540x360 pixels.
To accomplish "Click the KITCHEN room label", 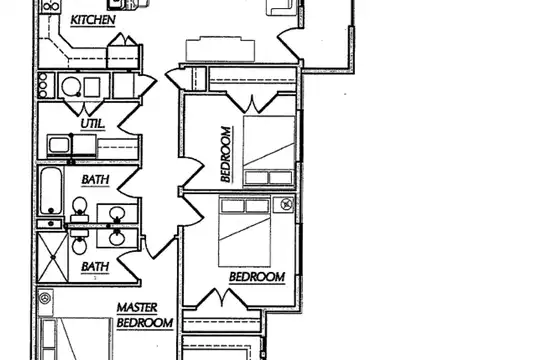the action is (93, 20).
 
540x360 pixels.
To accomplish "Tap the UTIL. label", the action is (93, 124).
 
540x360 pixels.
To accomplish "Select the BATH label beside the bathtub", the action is (95, 179).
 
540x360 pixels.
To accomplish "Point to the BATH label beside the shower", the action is (95, 267).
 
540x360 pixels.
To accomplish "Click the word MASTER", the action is (137, 307).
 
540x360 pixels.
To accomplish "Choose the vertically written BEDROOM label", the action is (226, 154).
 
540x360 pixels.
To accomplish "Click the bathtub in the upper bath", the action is (51, 191).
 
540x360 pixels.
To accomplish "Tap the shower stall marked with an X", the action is (53, 257).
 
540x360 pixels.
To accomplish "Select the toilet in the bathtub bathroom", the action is (80, 209).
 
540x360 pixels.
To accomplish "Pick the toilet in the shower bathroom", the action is (80, 242).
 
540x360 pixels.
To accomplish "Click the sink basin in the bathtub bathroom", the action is (117, 214).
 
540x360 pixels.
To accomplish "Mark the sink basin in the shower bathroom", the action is (117, 238).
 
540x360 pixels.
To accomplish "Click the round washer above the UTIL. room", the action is (71, 86).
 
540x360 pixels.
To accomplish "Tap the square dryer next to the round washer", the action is (92, 87).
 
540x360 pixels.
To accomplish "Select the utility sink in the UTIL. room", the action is (59, 145).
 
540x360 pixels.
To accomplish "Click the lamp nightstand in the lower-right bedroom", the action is (284, 204).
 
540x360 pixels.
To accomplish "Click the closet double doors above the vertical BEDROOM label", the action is (252, 102).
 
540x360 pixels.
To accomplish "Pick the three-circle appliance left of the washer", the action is (43, 85).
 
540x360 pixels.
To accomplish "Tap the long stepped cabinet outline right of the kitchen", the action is (220, 49).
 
